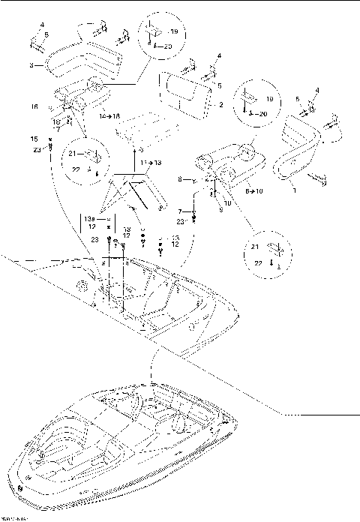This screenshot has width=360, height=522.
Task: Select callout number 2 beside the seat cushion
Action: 221,106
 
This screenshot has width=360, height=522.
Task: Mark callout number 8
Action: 180,180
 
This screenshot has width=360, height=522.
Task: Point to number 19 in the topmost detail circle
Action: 173,32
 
